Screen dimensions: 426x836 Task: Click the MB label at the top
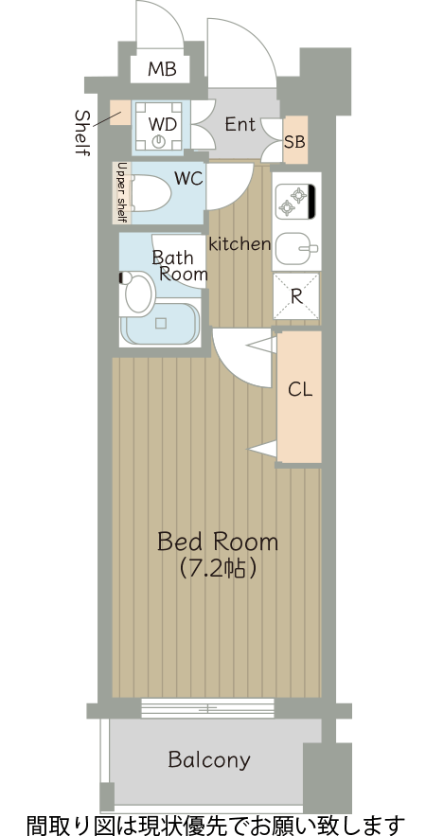(162, 69)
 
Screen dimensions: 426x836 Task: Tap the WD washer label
(162, 124)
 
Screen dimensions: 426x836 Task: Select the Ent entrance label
(240, 124)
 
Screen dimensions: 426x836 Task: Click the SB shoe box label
(294, 142)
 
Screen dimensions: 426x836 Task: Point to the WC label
(188, 179)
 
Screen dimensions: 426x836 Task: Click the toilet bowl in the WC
(151, 192)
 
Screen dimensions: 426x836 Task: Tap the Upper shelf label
(121, 192)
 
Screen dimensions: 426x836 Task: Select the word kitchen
(240, 244)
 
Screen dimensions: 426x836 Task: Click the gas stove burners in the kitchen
(293, 202)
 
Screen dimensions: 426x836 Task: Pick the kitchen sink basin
(296, 248)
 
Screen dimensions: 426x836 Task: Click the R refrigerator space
(296, 296)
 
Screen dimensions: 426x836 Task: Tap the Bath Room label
(180, 265)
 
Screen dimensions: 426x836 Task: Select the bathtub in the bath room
(160, 324)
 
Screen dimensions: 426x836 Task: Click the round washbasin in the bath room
(139, 293)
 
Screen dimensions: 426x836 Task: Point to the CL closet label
(300, 390)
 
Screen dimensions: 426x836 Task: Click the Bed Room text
(218, 542)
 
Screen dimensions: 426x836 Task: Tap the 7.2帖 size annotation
(218, 569)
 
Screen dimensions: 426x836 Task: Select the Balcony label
(209, 759)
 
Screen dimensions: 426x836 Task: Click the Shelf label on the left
(82, 133)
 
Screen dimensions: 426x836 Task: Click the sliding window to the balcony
(207, 708)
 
